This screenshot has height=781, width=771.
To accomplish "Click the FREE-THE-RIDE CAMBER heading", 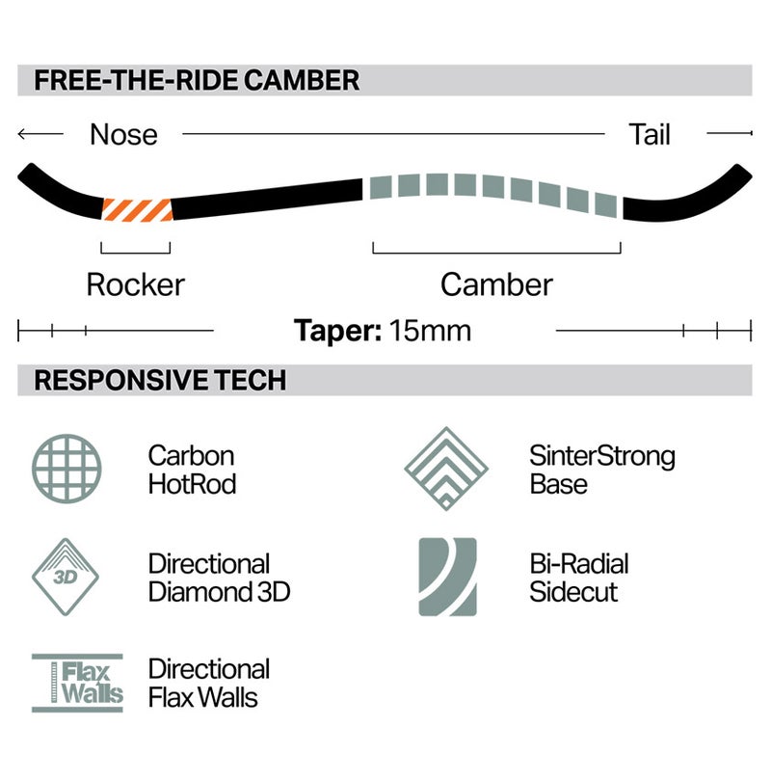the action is [197, 80].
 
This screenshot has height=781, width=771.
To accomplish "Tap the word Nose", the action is [123, 134].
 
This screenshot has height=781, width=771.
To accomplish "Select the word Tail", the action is [649, 134].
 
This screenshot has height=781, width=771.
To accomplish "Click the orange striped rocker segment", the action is [138, 209].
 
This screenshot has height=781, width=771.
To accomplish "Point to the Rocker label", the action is [135, 284].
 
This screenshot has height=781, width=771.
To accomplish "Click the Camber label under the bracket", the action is [496, 284].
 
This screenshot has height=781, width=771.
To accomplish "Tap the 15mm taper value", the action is [430, 330].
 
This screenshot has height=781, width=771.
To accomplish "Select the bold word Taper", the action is [337, 331].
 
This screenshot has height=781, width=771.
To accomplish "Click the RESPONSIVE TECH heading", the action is [160, 380].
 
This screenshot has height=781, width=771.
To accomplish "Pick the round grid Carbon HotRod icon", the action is [66, 469].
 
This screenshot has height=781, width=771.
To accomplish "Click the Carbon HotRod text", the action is [192, 470].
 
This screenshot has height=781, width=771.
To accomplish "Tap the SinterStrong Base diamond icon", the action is [446, 469].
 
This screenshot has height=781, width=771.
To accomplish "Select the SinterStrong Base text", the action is [601, 470].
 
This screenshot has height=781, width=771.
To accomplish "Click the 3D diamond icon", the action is [66, 577].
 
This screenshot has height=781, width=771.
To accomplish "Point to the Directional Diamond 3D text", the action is [219, 578].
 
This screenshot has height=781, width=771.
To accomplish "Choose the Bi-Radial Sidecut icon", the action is [447, 577].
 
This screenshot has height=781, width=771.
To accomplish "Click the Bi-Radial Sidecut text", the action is [579, 578].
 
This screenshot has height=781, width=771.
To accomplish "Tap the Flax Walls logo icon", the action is [77, 683].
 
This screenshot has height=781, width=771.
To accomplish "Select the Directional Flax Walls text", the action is [209, 683].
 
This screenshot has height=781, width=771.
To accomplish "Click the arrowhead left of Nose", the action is [21, 133].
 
